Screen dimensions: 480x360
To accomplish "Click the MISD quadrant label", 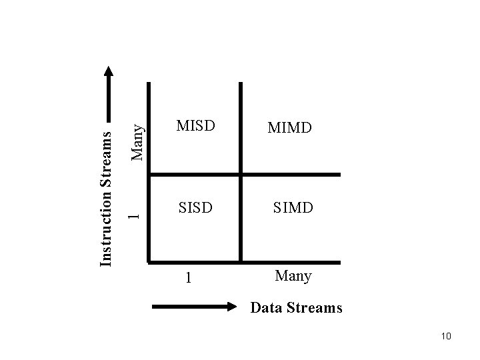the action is tap(195, 125).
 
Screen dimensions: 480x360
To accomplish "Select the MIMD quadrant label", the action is tap(289, 127).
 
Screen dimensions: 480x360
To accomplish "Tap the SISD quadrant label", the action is tap(195, 208).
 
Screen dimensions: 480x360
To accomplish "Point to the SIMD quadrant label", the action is tap(292, 208).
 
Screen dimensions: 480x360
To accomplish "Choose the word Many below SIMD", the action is tap(293, 275).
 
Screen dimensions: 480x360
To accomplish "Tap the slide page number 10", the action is tap(446, 336).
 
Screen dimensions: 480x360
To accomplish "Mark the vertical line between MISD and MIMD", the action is tap(241, 127).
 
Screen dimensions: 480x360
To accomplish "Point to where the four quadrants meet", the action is tap(241, 175).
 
